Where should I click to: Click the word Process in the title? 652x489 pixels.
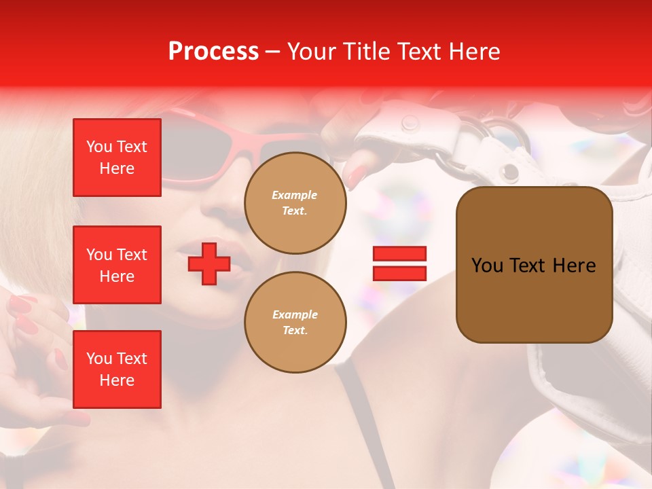point(213,52)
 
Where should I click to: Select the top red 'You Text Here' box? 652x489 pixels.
point(117,158)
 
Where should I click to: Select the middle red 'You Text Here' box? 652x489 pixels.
point(117,265)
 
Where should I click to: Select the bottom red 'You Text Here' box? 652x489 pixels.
point(117,369)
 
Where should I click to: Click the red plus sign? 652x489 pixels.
point(209,264)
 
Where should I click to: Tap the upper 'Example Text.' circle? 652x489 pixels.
point(295,202)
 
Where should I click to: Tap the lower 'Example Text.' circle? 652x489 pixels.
point(295,322)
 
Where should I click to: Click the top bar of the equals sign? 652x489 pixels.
point(399,254)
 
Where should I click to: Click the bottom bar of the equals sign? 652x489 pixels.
point(399,274)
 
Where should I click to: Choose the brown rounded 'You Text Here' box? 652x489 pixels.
point(534,265)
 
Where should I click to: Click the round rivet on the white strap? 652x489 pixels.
point(410,123)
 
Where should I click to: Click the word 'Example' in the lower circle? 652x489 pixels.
point(295,314)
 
